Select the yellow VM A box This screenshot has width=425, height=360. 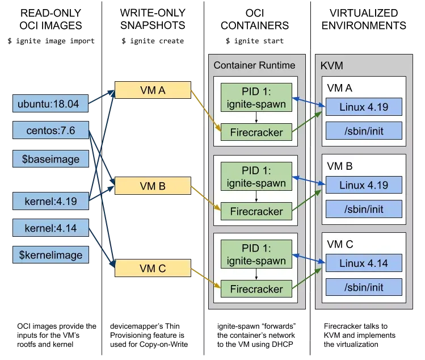pos(152,90)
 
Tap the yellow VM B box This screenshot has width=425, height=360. pos(152,186)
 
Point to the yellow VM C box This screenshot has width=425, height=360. pos(152,269)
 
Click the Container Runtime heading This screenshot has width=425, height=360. pos(254,65)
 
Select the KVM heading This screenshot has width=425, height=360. pos(332,65)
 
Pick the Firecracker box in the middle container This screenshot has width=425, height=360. pos(256,211)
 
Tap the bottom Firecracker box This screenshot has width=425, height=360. pos(256,289)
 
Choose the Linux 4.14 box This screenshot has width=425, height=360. pos(363,263)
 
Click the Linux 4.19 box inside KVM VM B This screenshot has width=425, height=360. pos(363,185)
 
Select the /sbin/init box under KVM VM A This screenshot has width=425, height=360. pos(363,131)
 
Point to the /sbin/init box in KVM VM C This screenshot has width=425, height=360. pos(363,287)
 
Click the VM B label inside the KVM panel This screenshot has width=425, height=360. pos(340,167)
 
